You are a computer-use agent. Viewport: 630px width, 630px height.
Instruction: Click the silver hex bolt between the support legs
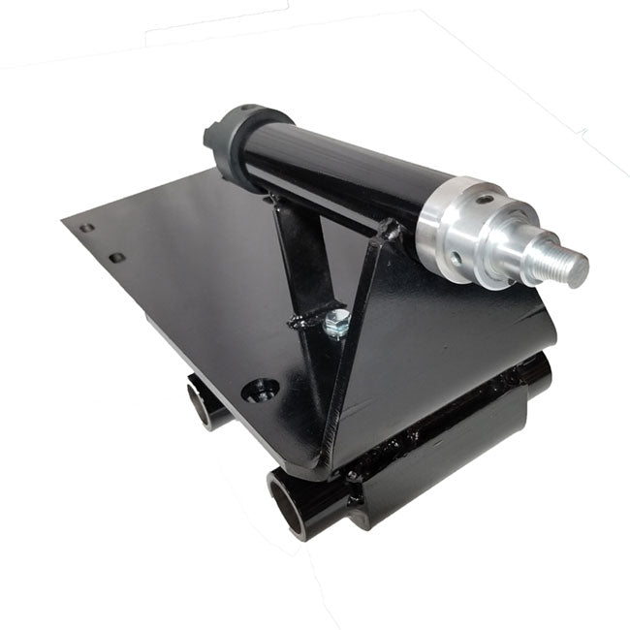[335, 323]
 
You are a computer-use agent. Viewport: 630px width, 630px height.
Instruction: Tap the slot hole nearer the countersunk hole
[117, 258]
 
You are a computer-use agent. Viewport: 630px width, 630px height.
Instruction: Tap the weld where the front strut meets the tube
[390, 233]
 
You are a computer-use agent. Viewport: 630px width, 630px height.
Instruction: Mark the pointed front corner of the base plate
[321, 474]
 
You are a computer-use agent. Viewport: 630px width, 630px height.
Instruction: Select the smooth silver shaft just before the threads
[538, 254]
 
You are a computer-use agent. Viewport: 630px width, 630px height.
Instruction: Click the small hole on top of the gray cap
[247, 109]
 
